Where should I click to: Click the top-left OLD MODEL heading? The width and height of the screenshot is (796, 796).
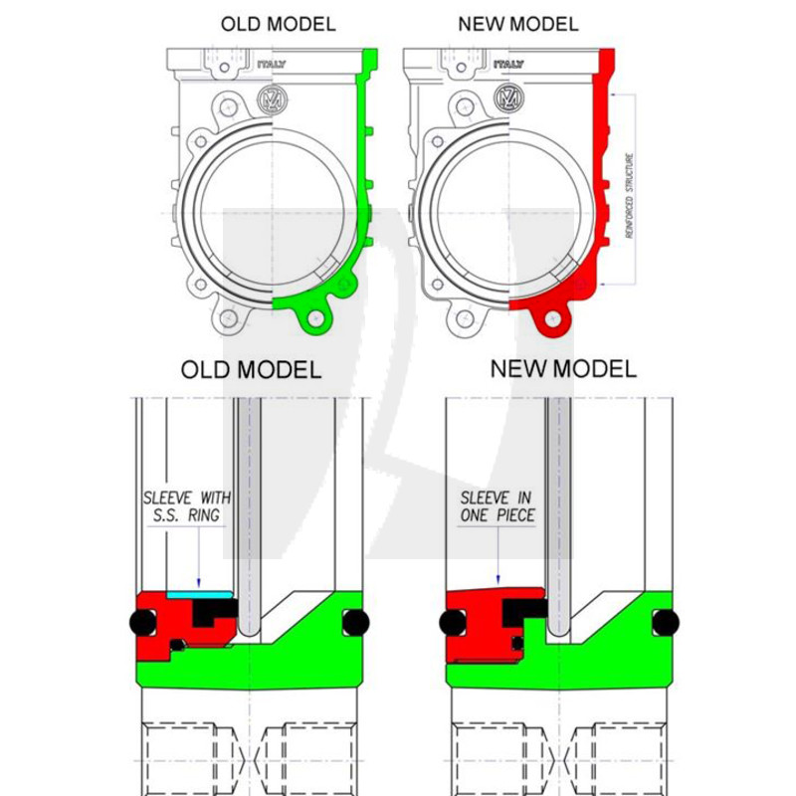pos(279,24)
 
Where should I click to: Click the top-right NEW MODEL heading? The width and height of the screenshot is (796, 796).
pos(518,24)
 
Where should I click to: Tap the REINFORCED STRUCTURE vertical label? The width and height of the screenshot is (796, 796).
pos(630,195)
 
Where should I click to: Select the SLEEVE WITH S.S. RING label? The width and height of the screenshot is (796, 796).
pos(187,506)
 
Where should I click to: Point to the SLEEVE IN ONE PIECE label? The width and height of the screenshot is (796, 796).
pos(497,506)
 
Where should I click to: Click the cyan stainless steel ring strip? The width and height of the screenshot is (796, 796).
pos(199,594)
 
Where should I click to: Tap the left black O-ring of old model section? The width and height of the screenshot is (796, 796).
pos(143,623)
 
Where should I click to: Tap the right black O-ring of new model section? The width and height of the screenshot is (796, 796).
pos(666,623)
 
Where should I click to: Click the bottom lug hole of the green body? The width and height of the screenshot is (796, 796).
pos(315,318)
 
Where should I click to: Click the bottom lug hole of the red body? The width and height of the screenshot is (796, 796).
pos(553,319)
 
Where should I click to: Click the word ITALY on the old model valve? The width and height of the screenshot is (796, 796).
pos(272,65)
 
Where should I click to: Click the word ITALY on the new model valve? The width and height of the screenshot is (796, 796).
pos(508,64)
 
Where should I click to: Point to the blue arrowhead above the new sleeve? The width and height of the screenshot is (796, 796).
pos(498,579)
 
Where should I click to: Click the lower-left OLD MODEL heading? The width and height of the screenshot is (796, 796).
pos(252,369)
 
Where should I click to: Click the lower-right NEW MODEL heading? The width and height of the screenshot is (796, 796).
pos(563,368)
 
